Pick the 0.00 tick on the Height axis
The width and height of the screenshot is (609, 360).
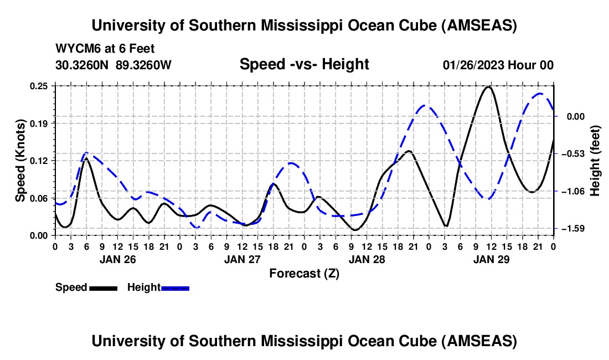[x=575, y=116]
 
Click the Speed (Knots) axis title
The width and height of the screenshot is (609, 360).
[x=20, y=161]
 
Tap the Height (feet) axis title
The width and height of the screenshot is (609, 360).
[x=595, y=161]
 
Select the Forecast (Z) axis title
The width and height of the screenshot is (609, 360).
[x=304, y=273]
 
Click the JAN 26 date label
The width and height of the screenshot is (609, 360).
[x=117, y=259]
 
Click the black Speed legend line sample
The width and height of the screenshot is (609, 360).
[x=102, y=288]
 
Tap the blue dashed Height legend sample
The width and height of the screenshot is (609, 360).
[x=176, y=288]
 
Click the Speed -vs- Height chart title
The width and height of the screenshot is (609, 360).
[x=304, y=64]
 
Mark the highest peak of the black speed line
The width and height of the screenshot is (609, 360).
[x=488, y=87]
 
